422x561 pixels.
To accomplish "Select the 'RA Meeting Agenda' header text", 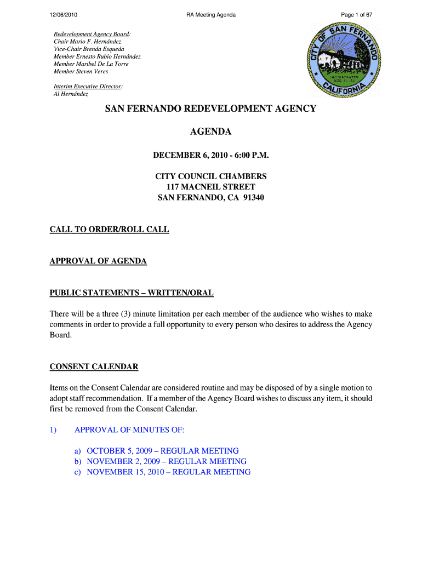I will click(211, 15).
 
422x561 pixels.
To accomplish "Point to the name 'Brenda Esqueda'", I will click(104, 49).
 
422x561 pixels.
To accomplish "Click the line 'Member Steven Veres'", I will click(81, 72).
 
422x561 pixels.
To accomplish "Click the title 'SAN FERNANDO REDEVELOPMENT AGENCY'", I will click(211, 109).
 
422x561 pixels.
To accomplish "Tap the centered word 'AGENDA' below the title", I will click(211, 132).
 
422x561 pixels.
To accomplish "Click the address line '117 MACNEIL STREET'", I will click(211, 187).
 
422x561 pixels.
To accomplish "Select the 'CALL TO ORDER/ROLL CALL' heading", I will click(110, 230).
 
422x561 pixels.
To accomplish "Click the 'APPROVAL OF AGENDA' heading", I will click(98, 261).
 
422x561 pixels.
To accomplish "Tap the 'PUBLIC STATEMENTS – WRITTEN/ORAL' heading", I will click(132, 293).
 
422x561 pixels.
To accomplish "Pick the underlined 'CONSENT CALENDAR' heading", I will click(94, 367).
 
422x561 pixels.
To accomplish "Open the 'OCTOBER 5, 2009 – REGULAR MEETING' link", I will click(162, 451).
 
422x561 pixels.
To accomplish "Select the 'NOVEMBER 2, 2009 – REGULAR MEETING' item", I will click(166, 461).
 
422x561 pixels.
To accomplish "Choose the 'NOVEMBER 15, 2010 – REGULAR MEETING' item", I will click(168, 472).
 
